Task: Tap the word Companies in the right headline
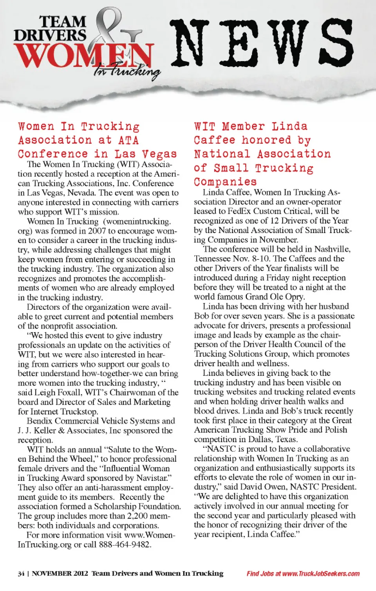[225, 182]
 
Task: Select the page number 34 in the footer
[21, 574]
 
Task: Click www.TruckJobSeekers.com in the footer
[321, 574]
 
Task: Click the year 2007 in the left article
[97, 231]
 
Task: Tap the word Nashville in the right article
[332, 249]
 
